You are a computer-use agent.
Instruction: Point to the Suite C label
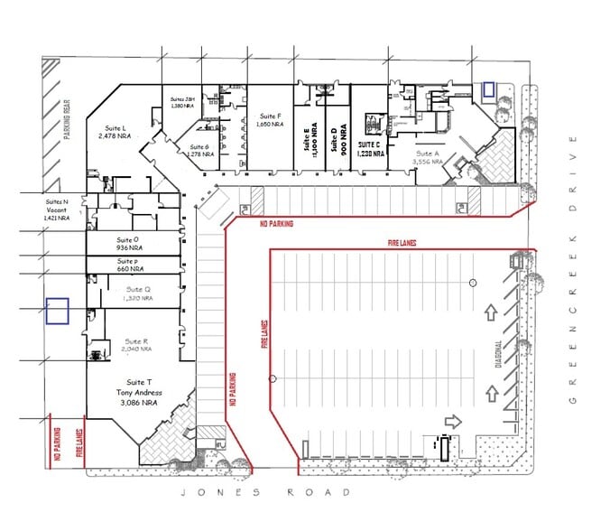[x=370, y=148]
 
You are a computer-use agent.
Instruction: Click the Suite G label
[x=200, y=150]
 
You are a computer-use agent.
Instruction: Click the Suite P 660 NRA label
[x=131, y=265]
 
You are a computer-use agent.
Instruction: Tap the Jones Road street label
[x=263, y=493]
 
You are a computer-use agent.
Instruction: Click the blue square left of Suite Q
[x=58, y=312]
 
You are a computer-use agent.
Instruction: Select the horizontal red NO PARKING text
[x=275, y=222]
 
